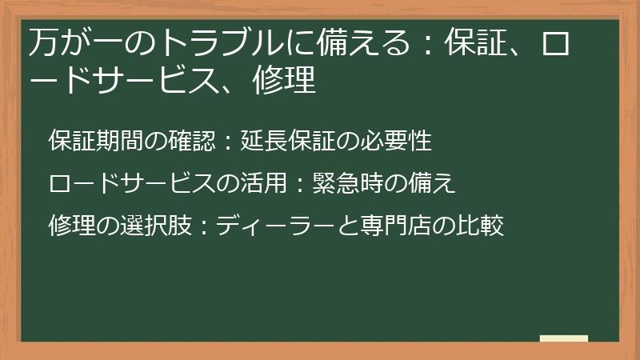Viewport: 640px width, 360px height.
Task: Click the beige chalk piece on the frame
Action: click(x=563, y=338)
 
